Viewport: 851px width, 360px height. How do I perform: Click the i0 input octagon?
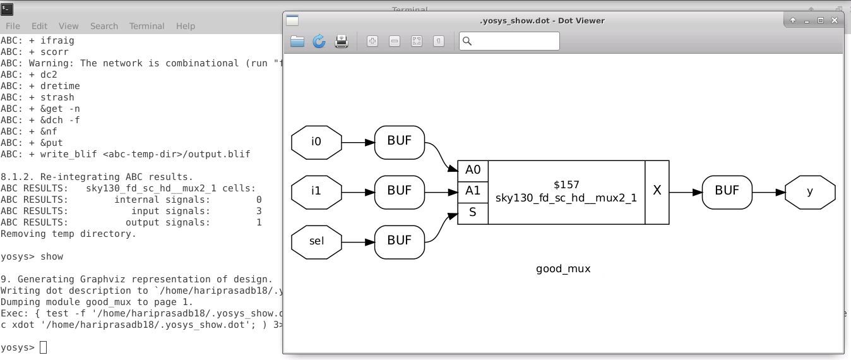point(316,141)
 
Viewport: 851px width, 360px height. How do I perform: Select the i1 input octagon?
point(316,191)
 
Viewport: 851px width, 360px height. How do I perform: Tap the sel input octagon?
point(316,241)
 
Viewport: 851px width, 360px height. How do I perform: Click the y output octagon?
point(810,191)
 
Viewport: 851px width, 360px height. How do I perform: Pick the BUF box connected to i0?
point(399,141)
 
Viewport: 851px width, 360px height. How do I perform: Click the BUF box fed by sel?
point(399,241)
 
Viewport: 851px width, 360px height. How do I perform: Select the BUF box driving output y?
point(727,191)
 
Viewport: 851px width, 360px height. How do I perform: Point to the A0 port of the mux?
point(473,170)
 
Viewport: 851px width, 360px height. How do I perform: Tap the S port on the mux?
point(473,213)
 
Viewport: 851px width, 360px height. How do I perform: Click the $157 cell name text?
point(566,184)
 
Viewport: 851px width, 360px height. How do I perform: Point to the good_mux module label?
point(563,268)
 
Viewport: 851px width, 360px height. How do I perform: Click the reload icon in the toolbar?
point(319,42)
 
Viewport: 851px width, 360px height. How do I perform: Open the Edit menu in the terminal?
point(39,26)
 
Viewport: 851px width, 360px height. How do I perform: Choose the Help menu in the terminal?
point(185,26)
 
